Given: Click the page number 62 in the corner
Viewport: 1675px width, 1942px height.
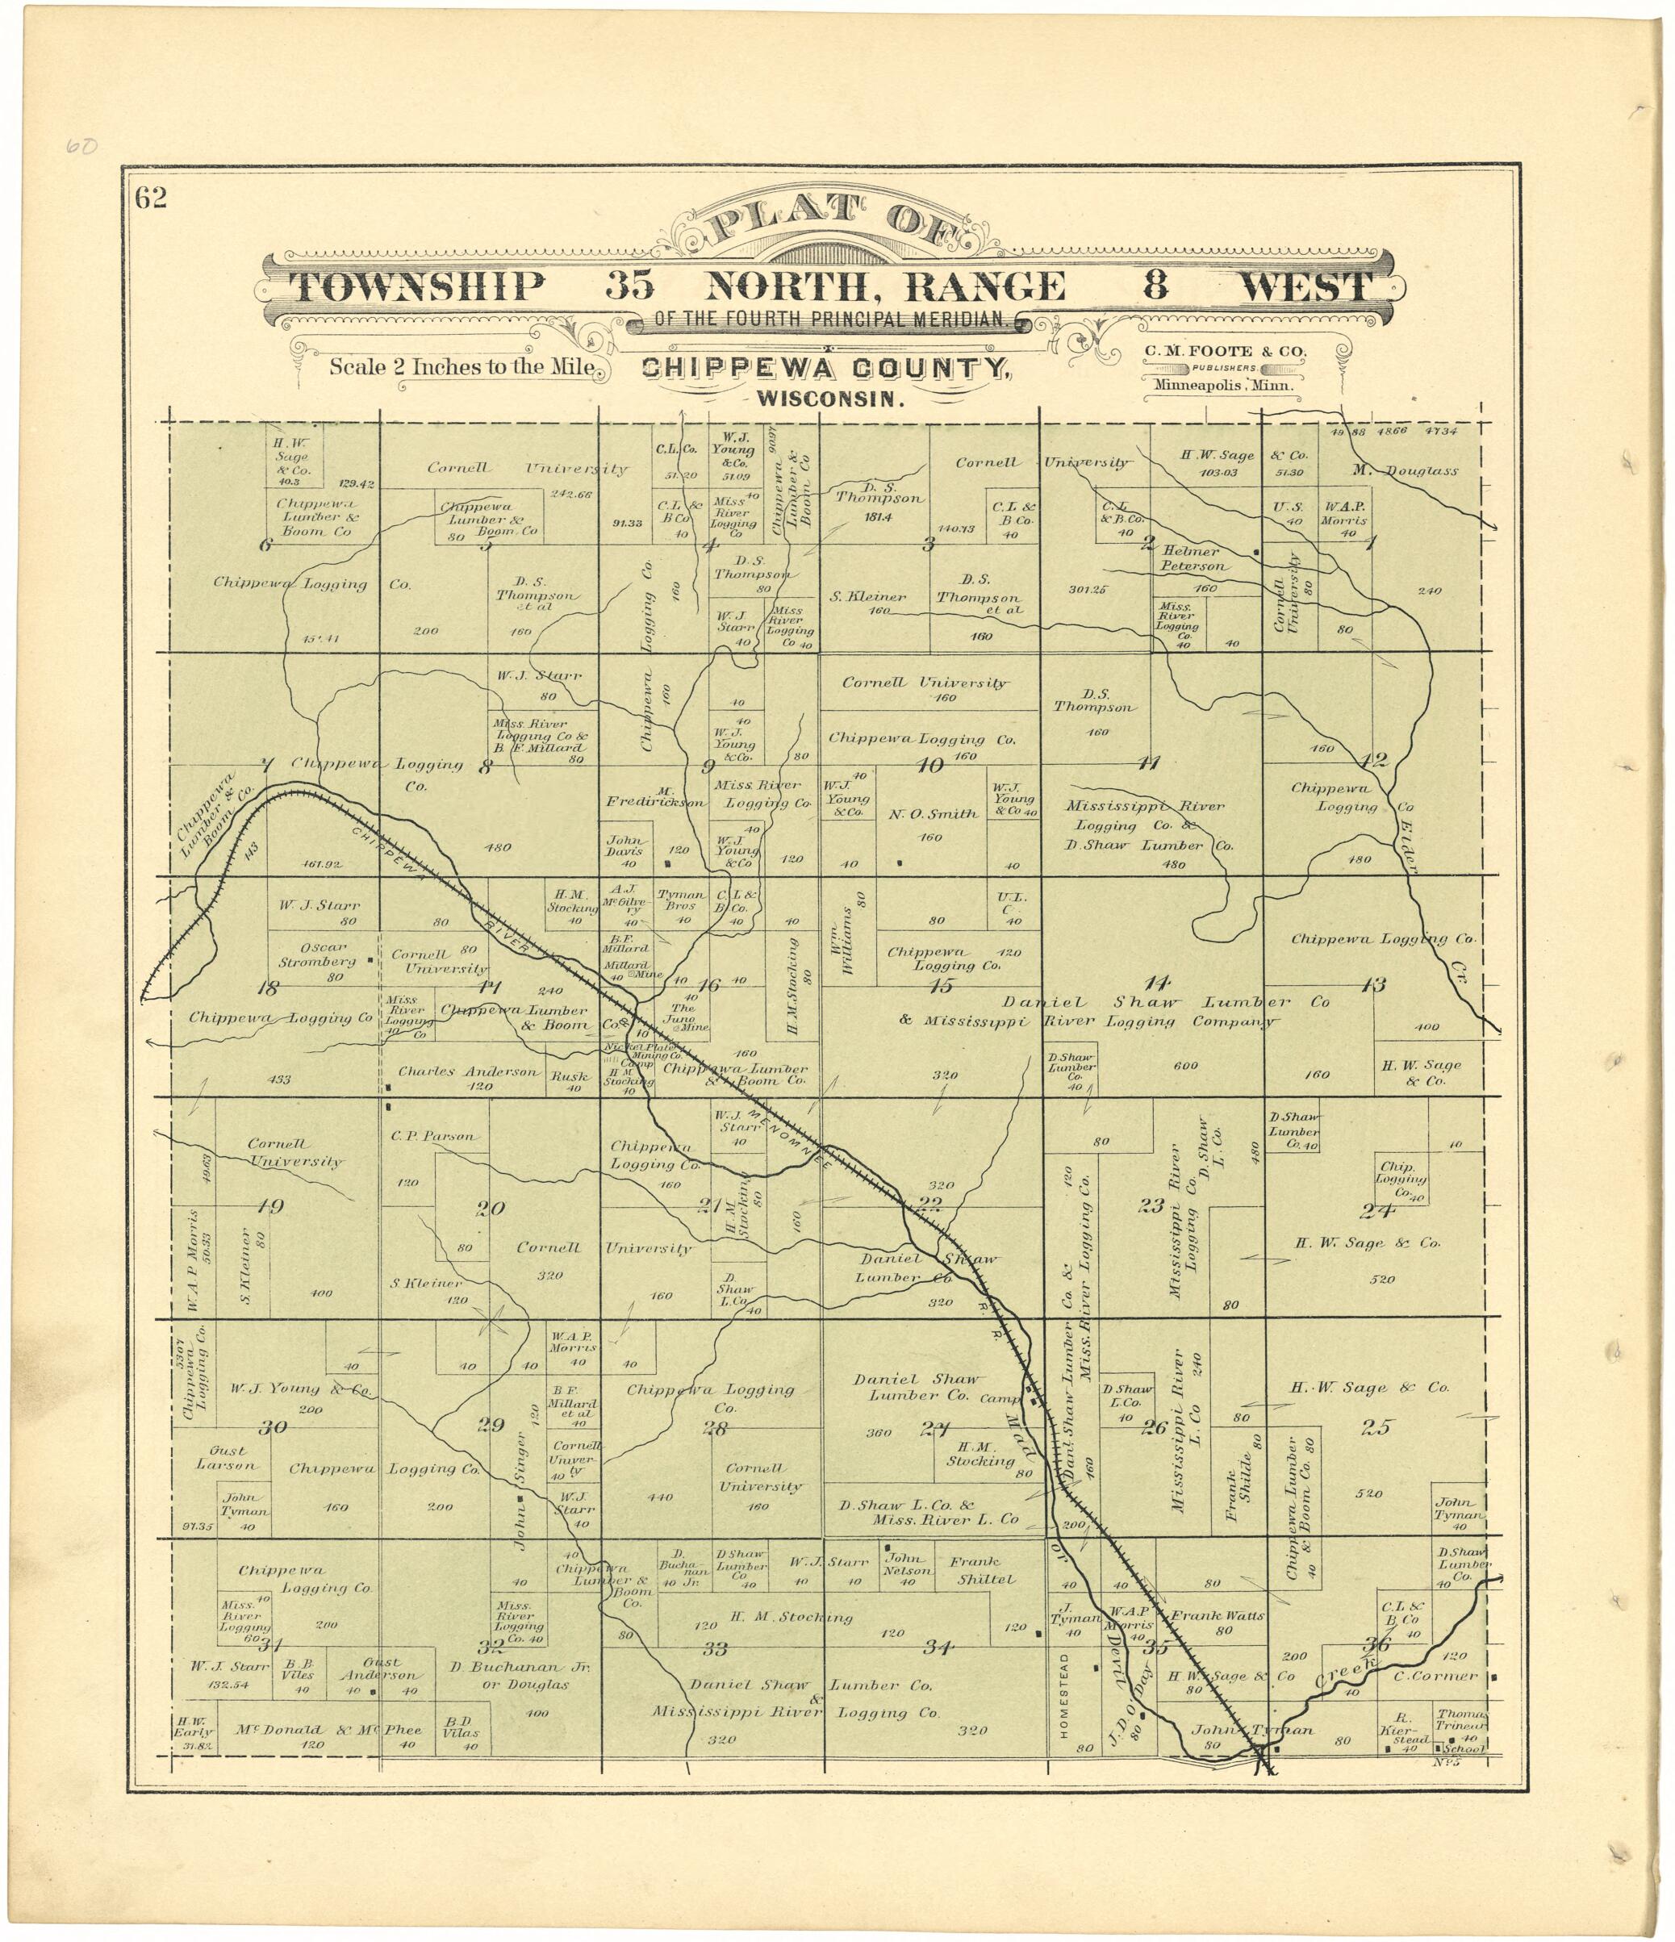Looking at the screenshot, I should [151, 198].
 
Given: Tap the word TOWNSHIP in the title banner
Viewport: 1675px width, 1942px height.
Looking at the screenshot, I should [416, 286].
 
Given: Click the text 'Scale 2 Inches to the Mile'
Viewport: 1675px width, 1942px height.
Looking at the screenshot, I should [462, 367].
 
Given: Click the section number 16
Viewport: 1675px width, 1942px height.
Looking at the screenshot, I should [708, 985].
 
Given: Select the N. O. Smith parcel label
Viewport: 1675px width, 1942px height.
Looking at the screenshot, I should [932, 814].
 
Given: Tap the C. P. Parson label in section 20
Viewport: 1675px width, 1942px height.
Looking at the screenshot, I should [434, 1136].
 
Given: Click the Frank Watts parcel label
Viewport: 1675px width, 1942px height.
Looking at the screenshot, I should [1217, 1616].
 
